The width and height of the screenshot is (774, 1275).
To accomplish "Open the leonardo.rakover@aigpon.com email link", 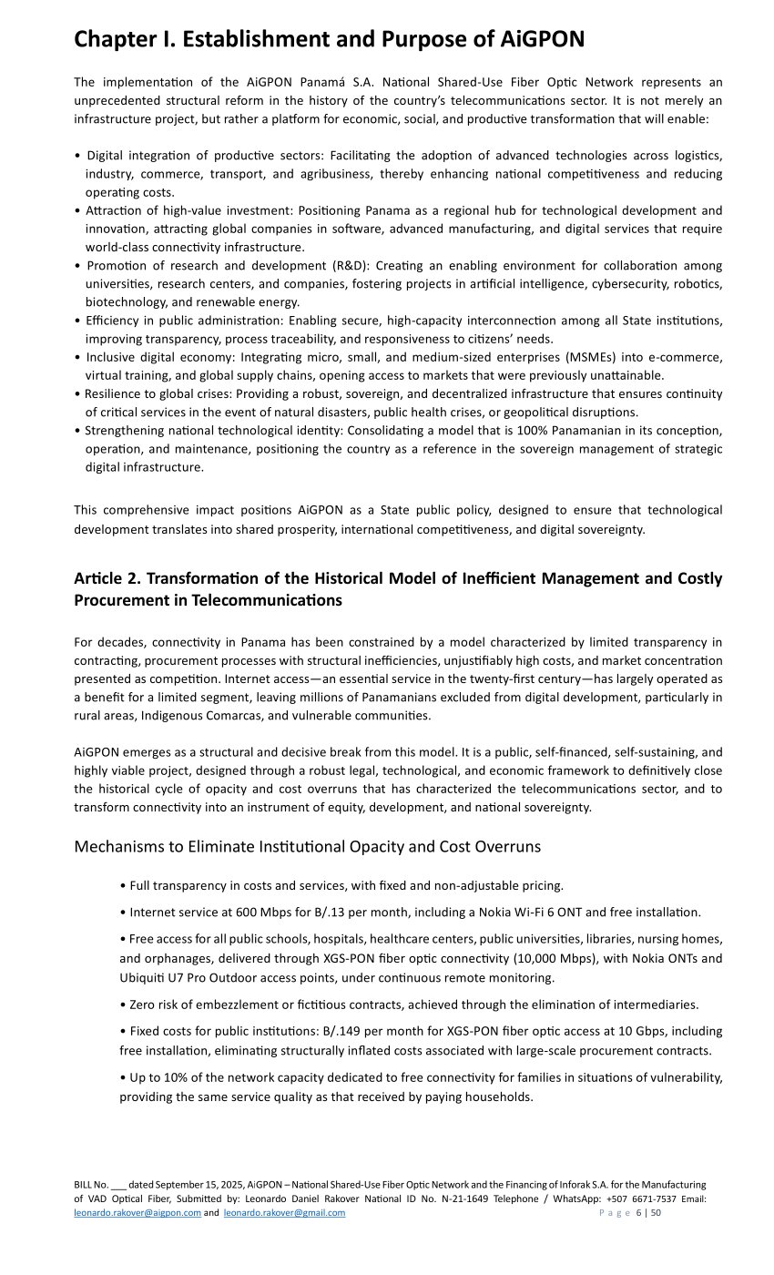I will coord(137,1213).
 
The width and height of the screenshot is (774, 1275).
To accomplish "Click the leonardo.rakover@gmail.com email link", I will coord(284,1213).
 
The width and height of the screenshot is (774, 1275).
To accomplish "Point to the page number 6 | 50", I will coord(649,1213).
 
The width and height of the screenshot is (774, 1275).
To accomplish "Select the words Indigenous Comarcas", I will coord(178,716).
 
